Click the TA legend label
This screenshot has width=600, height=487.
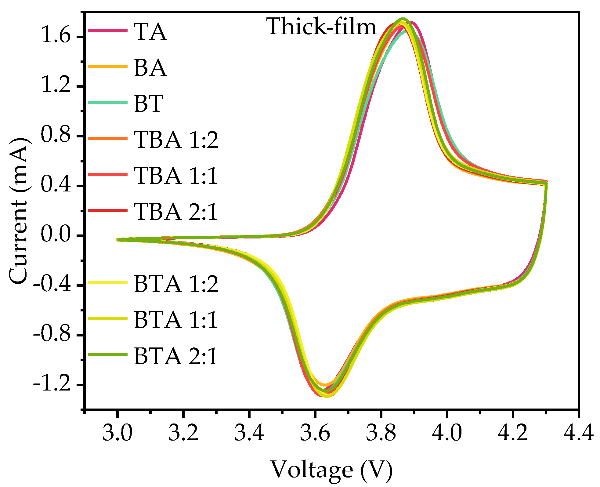tap(150, 32)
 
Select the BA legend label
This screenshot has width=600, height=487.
tap(150, 67)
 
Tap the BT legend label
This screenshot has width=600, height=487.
tap(149, 104)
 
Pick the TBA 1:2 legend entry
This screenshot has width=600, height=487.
tap(176, 140)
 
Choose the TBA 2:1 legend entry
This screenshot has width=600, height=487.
tap(176, 212)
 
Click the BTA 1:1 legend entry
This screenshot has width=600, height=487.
tap(176, 320)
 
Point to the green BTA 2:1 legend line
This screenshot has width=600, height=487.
tap(107, 355)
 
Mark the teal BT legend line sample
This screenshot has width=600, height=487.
tap(107, 103)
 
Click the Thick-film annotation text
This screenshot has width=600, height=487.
tap(322, 27)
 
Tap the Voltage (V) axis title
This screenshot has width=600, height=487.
tap(331, 470)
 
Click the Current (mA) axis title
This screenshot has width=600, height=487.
tap(19, 211)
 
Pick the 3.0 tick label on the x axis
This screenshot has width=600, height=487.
tap(117, 433)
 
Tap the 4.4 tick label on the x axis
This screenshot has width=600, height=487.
tap(579, 433)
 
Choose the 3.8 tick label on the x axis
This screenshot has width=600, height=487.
tap(381, 433)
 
